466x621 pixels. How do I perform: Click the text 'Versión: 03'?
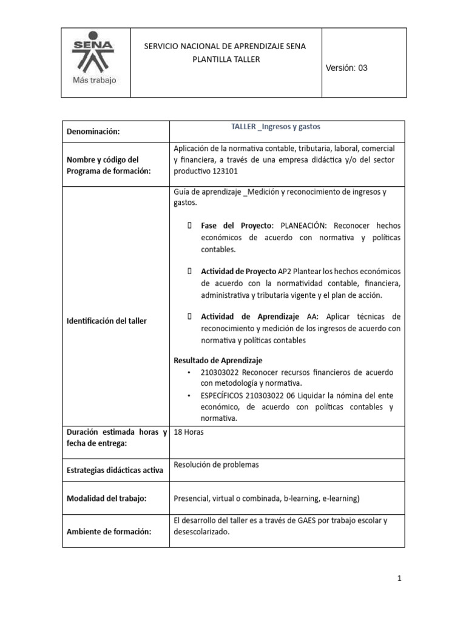tap(346, 69)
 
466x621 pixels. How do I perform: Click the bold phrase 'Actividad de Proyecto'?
tap(238, 270)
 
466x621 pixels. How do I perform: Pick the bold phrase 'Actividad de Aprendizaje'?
tap(250, 317)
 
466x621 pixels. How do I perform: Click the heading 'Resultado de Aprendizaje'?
tap(218, 360)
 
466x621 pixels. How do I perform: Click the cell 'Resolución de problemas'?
tap(216, 465)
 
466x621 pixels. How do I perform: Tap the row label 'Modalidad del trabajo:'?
tap(107, 498)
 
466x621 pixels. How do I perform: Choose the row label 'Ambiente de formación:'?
tap(109, 531)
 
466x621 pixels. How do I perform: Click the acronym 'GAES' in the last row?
tap(309, 520)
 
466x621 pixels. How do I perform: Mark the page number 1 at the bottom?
tap(400, 579)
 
